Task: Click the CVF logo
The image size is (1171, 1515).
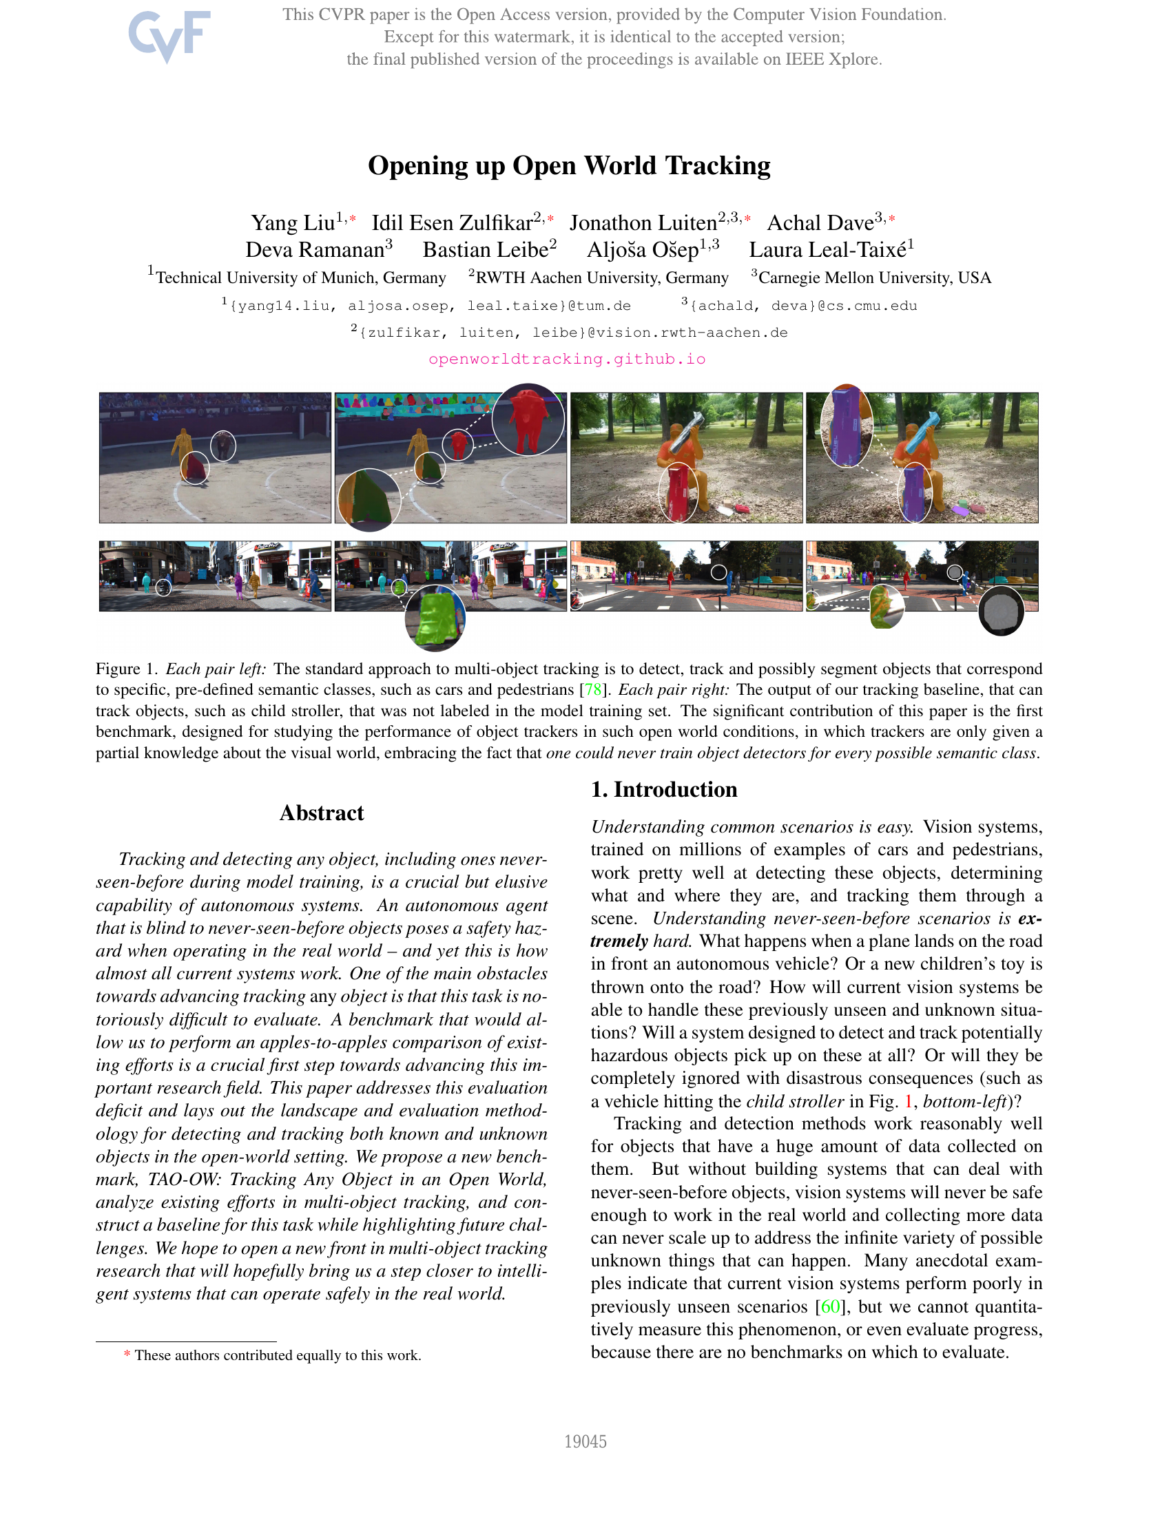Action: [x=169, y=35]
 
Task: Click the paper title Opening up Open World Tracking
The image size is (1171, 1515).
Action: [x=569, y=165]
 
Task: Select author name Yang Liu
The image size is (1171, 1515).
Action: [x=293, y=222]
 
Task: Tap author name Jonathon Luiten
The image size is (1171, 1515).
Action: [x=643, y=222]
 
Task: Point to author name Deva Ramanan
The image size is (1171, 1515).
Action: [x=315, y=250]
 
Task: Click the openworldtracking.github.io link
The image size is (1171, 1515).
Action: [x=567, y=359]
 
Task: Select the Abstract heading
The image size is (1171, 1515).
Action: [x=321, y=813]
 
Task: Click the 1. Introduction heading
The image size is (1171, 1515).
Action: [x=664, y=789]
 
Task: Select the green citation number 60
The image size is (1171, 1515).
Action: [x=830, y=1306]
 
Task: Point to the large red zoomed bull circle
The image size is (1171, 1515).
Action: [x=528, y=419]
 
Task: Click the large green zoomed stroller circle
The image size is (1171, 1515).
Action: [x=435, y=619]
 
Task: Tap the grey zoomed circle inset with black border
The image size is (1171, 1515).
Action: [x=1001, y=610]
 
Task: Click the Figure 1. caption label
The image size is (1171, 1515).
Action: [x=127, y=669]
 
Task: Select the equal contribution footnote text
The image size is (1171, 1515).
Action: [x=278, y=1355]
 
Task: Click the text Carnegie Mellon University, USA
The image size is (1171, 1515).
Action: [x=874, y=278]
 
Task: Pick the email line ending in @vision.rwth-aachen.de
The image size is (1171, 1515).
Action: [x=569, y=333]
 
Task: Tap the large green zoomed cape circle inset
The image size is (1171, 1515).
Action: [x=369, y=499]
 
